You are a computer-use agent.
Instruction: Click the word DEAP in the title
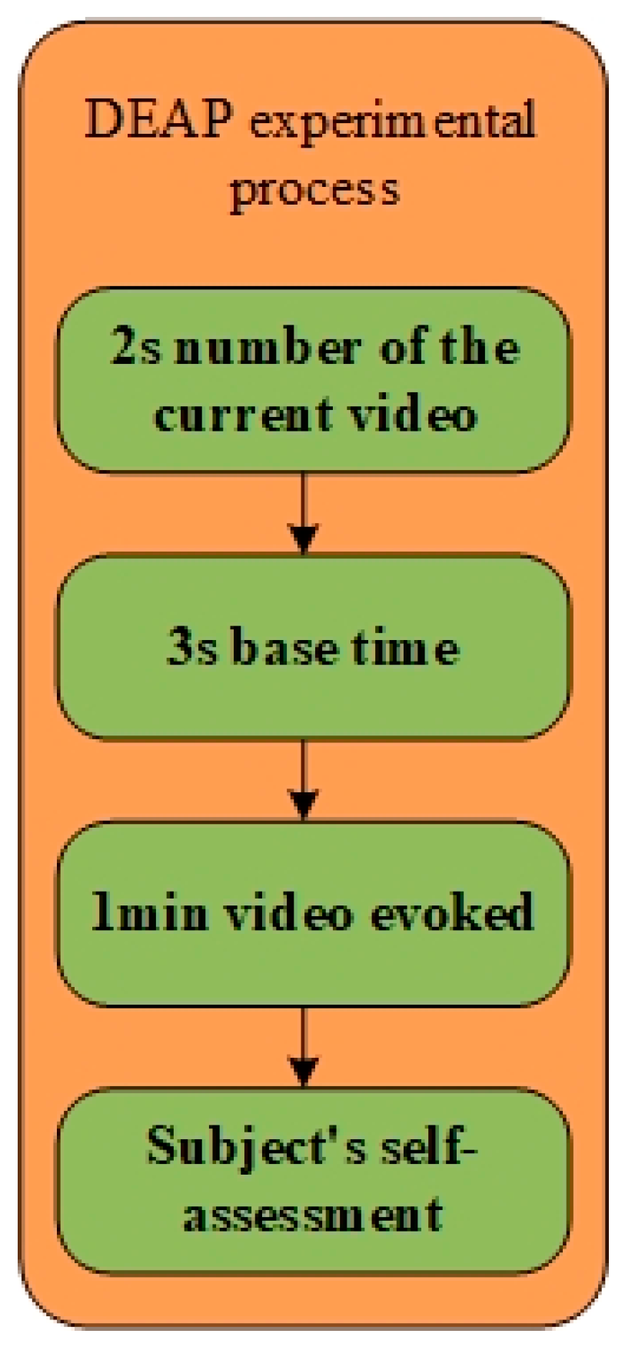point(158,119)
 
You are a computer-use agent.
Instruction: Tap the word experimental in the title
point(393,123)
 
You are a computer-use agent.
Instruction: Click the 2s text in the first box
point(137,347)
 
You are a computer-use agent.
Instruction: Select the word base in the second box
point(284,647)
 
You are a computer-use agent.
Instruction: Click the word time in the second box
point(404,647)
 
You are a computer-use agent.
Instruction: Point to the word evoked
point(451,913)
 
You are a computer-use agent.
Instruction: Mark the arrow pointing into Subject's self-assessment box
point(304,1047)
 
